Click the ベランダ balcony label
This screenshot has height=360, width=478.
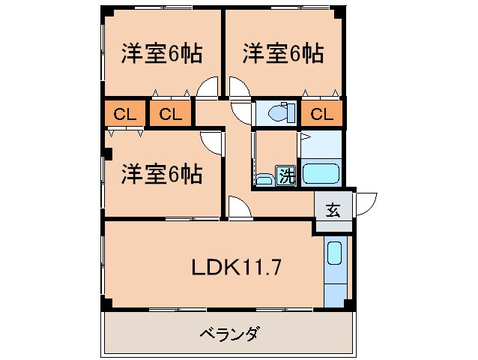pyautogui.click(x=229, y=334)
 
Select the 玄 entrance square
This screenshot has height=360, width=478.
pyautogui.click(x=333, y=210)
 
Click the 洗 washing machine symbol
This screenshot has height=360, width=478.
pyautogui.click(x=286, y=176)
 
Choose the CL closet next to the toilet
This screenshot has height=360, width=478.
pyautogui.click(x=321, y=115)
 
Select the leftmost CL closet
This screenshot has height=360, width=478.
pyautogui.click(x=125, y=115)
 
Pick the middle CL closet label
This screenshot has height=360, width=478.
pyautogui.click(x=170, y=115)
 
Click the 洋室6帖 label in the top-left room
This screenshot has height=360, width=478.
pyautogui.click(x=162, y=54)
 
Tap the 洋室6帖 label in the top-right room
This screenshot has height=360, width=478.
pyautogui.click(x=282, y=54)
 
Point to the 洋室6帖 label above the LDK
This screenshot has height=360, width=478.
pyautogui.click(x=162, y=175)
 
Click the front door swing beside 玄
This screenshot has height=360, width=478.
pyautogui.click(x=366, y=203)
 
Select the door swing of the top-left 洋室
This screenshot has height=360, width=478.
pyautogui.click(x=206, y=89)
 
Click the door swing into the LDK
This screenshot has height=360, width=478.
pyautogui.click(x=239, y=208)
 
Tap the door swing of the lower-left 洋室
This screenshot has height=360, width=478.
pyautogui.click(x=211, y=142)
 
